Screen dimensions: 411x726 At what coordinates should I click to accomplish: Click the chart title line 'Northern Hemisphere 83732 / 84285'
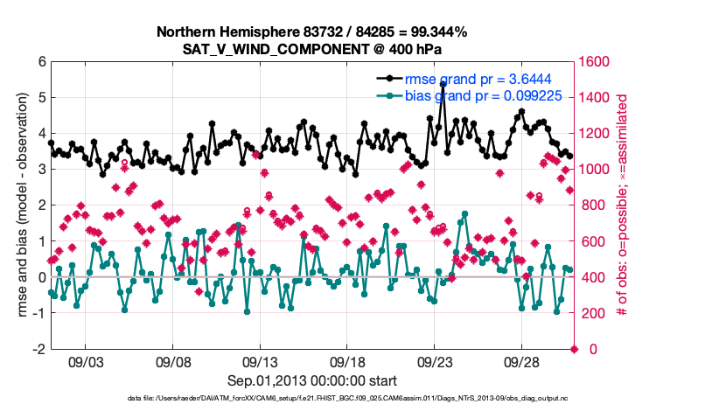click(311, 32)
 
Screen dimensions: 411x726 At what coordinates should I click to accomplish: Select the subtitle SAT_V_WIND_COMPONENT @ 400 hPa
click(311, 48)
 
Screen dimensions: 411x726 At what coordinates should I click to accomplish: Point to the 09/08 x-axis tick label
click(173, 361)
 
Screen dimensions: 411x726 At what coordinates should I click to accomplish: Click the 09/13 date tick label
click(261, 361)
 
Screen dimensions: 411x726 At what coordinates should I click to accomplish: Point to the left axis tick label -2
click(39, 349)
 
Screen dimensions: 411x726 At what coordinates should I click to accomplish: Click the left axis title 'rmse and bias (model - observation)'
click(20, 205)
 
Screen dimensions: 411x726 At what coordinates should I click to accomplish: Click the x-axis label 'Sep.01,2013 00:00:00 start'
click(312, 380)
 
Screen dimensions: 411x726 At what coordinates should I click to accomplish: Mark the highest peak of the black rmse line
click(443, 85)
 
